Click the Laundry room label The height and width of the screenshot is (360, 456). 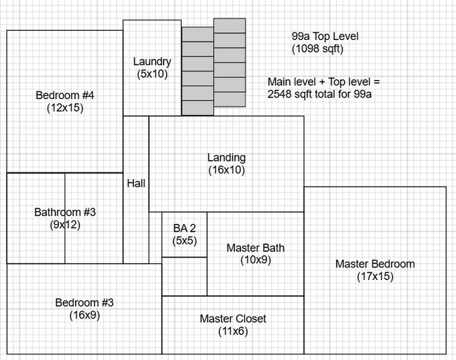pos(152,62)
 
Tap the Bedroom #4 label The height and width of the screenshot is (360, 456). pos(65,95)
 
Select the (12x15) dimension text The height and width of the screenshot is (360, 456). pos(65,108)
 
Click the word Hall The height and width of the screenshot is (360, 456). pos(136,183)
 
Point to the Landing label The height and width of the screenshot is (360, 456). pos(227,158)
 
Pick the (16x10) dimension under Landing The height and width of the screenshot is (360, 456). pos(227,170)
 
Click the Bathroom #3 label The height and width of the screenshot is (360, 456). pos(65,212)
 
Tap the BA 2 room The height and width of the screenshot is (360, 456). pos(185,234)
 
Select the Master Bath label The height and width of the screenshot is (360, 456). pos(255,248)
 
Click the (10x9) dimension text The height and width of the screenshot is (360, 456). pos(255,260)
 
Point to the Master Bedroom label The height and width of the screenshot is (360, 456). pos(375,264)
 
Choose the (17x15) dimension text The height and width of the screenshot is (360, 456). pos(375,276)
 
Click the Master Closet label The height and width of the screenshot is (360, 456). pos(233,319)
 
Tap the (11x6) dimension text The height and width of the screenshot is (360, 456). pos(233,331)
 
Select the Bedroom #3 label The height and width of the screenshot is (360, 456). pos(84,302)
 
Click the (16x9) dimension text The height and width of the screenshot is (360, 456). pos(85,315)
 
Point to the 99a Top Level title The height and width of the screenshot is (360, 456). pos(325,36)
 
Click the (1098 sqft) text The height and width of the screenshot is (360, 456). pos(318,48)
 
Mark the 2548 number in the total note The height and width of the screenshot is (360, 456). pos(279,94)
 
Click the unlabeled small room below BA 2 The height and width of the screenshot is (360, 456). pos(185,276)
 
